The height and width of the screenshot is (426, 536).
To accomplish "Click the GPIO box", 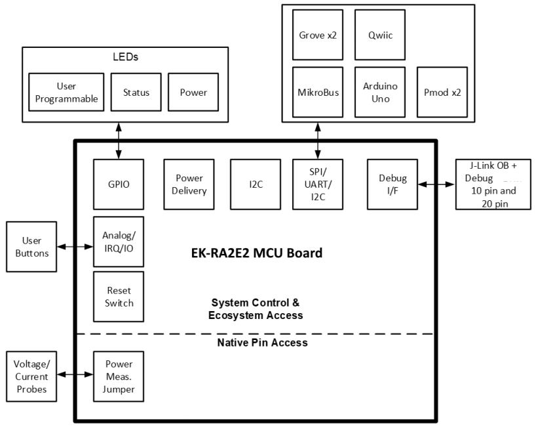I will tap(119, 184).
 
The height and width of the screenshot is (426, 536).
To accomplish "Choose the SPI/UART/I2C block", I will tap(318, 184).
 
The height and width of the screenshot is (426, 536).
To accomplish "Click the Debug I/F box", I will tap(392, 184).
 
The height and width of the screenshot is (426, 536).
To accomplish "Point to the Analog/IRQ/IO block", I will tap(119, 241).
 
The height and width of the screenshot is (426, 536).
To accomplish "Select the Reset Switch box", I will tap(119, 296).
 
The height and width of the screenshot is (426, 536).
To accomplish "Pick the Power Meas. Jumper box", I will tap(119, 376).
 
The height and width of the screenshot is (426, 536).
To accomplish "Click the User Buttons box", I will tap(31, 247).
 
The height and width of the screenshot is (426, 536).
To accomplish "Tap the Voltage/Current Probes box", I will tap(31, 376).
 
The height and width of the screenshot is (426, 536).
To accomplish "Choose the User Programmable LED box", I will tap(67, 93).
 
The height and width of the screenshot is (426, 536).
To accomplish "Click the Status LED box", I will tap(136, 93).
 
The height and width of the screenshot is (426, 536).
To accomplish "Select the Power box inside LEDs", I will tap(193, 93).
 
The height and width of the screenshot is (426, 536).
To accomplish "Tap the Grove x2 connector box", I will tap(318, 34).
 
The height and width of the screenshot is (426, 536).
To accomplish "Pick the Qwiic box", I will tap(379, 34).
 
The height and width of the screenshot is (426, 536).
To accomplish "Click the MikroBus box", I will tap(318, 92).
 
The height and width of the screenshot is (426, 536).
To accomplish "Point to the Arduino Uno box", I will tap(379, 92).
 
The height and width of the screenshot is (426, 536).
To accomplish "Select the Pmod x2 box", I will tap(442, 92).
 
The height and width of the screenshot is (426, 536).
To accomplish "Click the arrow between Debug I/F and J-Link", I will tap(436, 184).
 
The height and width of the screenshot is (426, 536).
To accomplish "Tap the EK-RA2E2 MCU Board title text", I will tap(252, 252).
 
